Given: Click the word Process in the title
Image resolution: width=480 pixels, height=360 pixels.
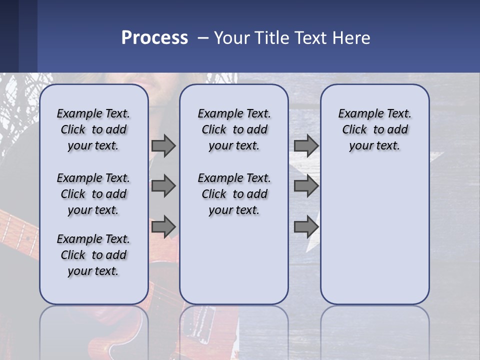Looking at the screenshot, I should coord(154,37).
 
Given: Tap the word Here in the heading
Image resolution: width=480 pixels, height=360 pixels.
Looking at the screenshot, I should coord(351,37).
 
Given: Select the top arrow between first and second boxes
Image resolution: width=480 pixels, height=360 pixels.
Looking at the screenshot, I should coord(163,146).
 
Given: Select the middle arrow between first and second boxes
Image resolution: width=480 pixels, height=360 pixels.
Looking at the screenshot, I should coord(163,186).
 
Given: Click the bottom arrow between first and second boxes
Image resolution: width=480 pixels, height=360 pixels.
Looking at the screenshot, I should coord(163,226).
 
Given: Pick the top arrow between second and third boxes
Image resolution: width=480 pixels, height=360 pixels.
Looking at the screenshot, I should coord(306,146).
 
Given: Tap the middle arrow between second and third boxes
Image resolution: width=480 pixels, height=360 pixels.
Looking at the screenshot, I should coord(306,186).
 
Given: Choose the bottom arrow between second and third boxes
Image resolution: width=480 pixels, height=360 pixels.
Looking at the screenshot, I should coord(306,226).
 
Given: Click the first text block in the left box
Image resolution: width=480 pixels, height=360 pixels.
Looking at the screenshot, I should coord(93,129).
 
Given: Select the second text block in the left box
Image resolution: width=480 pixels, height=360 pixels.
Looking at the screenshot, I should coord(93,194).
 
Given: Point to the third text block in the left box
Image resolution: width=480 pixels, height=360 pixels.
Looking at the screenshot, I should coord(93,255).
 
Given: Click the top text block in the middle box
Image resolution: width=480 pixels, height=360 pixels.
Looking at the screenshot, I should coord(234,129).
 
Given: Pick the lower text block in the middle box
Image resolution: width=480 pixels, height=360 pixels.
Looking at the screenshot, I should coord(234,194).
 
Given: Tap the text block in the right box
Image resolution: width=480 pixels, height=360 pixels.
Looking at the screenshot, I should coord(374,129).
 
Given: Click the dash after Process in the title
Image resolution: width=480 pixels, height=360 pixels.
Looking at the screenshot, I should coord(203,38).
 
